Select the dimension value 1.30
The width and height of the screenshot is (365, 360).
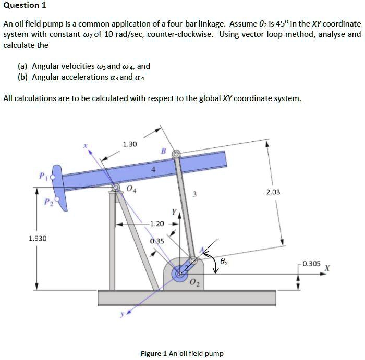click(129, 144)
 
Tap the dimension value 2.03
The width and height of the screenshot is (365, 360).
click(273, 192)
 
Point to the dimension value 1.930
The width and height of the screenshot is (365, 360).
click(37, 238)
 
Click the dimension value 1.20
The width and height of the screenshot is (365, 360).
click(157, 224)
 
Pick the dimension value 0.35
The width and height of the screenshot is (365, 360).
click(156, 241)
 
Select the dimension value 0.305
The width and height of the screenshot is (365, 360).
click(311, 264)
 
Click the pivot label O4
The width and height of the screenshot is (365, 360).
click(132, 189)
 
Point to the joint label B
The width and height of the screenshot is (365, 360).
click(163, 151)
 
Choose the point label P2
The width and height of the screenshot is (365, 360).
click(47, 201)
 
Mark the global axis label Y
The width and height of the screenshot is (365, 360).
click(174, 212)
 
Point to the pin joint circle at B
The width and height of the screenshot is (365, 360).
click(176, 154)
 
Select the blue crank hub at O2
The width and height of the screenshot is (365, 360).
click(180, 272)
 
